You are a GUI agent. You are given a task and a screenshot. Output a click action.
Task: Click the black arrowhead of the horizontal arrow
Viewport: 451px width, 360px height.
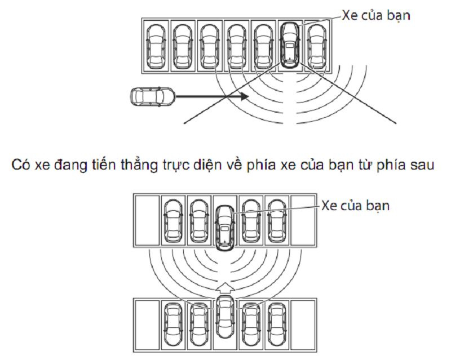(x=244, y=97)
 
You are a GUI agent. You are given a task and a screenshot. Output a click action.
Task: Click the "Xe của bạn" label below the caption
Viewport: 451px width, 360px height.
(x=355, y=205)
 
